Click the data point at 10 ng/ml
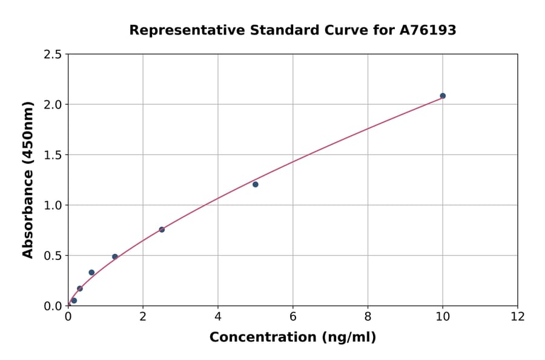[443, 96]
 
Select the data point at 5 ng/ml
[256, 184]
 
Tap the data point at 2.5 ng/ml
[162, 230]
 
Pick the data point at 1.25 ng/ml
[115, 256]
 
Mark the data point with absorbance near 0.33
[91, 273]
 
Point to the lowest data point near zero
[74, 301]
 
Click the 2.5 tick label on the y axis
[53, 55]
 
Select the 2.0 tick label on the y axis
[53, 105]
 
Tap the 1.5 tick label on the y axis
[53, 155]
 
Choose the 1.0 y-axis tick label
[53, 205]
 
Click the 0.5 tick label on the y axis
[53, 256]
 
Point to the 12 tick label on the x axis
[518, 317]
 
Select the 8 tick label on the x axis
[368, 317]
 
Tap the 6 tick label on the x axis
[293, 317]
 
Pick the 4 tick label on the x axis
[218, 317]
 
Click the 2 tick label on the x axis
[143, 317]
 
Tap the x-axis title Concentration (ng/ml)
[292, 338]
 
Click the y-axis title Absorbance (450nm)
[28, 179]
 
